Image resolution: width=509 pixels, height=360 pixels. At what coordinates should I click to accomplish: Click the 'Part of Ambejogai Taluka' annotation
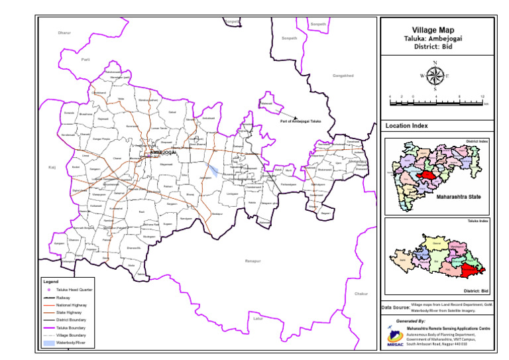pos(300,121)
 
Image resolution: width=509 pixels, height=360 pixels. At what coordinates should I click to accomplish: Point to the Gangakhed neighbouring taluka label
pos(343,76)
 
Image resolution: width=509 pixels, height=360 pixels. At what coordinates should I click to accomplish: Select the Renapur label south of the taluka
pos(253,261)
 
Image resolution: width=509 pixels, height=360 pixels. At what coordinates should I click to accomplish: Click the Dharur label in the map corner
pos(64,32)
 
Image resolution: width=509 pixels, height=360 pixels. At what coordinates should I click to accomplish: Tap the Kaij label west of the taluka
pos(52,168)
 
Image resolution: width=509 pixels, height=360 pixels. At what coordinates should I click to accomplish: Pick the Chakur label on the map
pos(361,294)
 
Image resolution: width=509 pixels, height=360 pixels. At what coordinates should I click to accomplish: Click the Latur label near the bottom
pos(258,318)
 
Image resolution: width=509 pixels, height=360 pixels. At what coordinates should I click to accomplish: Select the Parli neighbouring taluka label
pos(85,60)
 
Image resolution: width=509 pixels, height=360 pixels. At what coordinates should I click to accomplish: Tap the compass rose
pos(434,75)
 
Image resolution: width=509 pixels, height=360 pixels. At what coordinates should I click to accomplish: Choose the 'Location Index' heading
pos(407,125)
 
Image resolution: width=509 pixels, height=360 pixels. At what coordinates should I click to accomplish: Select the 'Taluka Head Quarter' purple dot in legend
pos(48,290)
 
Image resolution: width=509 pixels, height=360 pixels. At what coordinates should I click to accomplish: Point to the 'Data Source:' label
pos(395,307)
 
